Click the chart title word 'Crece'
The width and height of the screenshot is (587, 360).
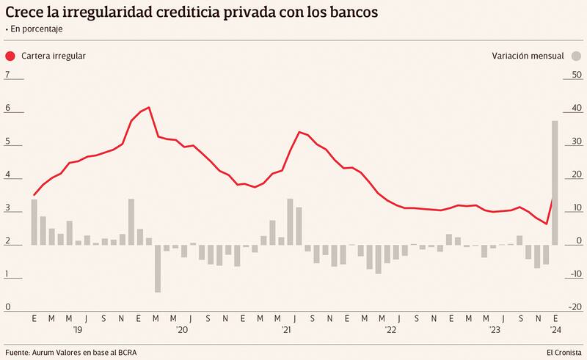(x=28, y=13)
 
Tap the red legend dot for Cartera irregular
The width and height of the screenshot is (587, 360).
(x=10, y=56)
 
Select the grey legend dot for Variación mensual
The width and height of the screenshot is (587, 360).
(x=577, y=56)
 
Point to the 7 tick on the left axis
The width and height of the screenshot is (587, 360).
(x=7, y=76)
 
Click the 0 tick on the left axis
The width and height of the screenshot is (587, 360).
(x=7, y=307)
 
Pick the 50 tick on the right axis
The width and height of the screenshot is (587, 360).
(x=556, y=76)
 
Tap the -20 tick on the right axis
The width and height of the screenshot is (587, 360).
(x=555, y=307)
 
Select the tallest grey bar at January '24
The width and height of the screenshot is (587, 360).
(x=555, y=183)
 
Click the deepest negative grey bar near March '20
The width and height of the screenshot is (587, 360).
(x=157, y=268)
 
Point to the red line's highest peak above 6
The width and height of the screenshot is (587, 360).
(x=149, y=108)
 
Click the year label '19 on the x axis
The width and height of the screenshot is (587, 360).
(x=78, y=331)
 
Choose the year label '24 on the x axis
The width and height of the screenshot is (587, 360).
(x=556, y=331)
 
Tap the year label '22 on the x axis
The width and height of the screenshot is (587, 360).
(x=391, y=331)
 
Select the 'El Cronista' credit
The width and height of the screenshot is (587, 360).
(x=562, y=352)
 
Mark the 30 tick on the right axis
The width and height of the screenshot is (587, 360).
(x=556, y=142)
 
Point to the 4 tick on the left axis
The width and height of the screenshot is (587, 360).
(x=7, y=175)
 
